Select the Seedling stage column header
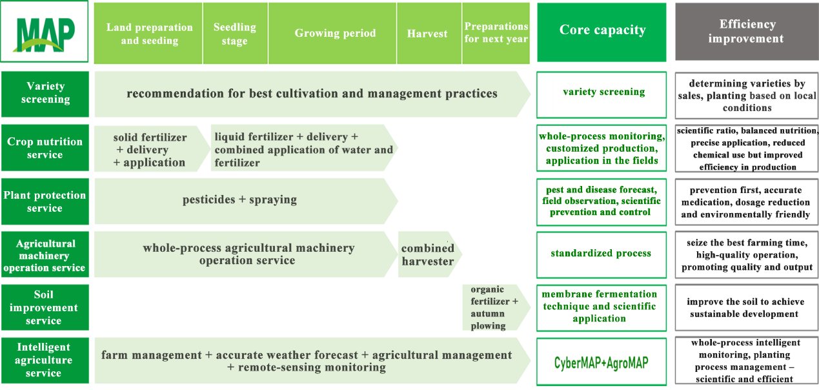(235, 34)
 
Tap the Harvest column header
(427, 34)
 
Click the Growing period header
(335, 34)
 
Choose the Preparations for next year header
(496, 33)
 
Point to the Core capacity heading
(602, 30)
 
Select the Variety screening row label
(45, 93)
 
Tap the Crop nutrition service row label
(45, 148)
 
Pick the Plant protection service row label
(45, 201)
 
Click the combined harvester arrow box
(428, 254)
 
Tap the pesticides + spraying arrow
(240, 200)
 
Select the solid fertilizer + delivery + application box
(150, 150)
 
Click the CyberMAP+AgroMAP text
(602, 363)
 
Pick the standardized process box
(601, 254)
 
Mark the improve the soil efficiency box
(746, 308)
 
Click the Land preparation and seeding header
(149, 34)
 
